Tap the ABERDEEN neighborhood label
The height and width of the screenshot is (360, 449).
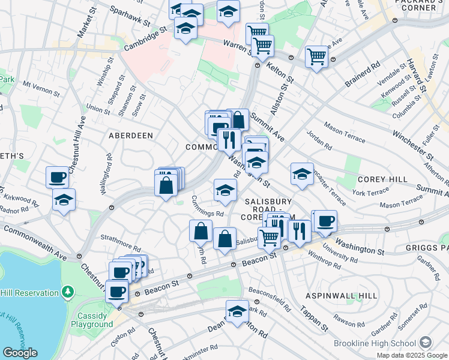click(x=131, y=136)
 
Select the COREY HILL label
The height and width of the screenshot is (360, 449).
click(x=382, y=179)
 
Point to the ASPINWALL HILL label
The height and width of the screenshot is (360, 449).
click(x=342, y=296)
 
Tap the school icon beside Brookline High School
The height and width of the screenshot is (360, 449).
click(x=425, y=342)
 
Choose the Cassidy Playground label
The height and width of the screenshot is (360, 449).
click(x=92, y=320)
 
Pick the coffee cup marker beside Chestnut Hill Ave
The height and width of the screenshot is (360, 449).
click(x=58, y=177)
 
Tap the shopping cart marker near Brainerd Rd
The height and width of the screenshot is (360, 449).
click(x=316, y=56)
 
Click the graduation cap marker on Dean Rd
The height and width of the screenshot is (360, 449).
click(x=238, y=311)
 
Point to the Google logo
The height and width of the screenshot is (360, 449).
click(x=20, y=353)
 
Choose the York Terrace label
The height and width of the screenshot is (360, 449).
click(x=371, y=193)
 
